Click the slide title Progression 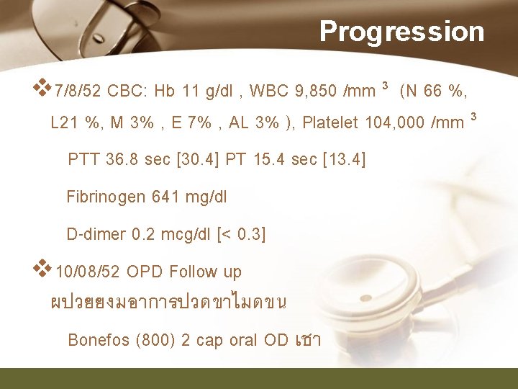click(x=402, y=31)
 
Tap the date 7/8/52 click(x=78, y=91)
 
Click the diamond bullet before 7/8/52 click(x=44, y=88)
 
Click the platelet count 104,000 click(x=394, y=122)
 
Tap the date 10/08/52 click(x=88, y=272)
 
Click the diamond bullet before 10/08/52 click(x=44, y=268)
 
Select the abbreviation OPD click(x=145, y=272)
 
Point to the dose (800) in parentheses click(x=155, y=340)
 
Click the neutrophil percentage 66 click(x=433, y=91)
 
